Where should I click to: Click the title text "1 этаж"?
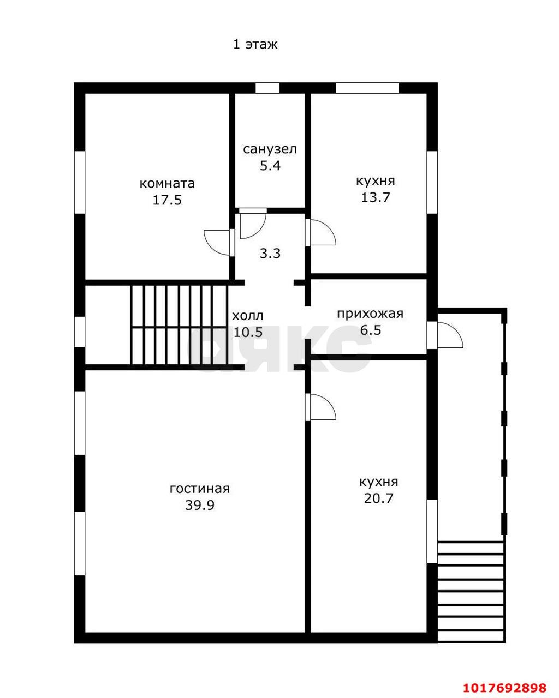point(255,44)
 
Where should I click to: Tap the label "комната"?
point(167,184)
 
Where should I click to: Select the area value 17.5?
point(167,200)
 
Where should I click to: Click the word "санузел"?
point(270,149)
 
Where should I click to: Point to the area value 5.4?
point(270,166)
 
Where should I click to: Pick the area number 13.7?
point(376,197)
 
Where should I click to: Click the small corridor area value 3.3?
point(270,254)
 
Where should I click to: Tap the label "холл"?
point(248,315)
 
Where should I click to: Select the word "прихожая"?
point(370,314)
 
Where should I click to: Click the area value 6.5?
point(371,330)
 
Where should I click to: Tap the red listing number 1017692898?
point(504,685)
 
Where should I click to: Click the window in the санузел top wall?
point(267,88)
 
